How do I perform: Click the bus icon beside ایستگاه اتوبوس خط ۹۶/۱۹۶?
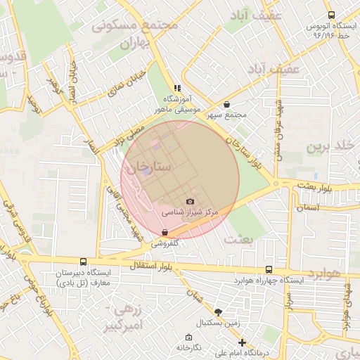[x=331, y=15]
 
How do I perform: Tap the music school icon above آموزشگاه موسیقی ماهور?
[x=177, y=88]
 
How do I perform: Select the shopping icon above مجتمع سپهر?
[x=226, y=104]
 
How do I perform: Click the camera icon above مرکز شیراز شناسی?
[x=190, y=201]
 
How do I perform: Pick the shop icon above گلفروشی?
[x=165, y=232]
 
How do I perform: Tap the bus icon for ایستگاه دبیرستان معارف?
[x=84, y=262]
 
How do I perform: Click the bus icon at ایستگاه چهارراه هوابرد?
[x=269, y=269]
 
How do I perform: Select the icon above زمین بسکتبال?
[x=218, y=311]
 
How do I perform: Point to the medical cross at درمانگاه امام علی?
[x=242, y=342]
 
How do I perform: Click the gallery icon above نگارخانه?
[x=188, y=337]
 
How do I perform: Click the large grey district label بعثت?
[x=238, y=239]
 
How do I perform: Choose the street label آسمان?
[x=308, y=207]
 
